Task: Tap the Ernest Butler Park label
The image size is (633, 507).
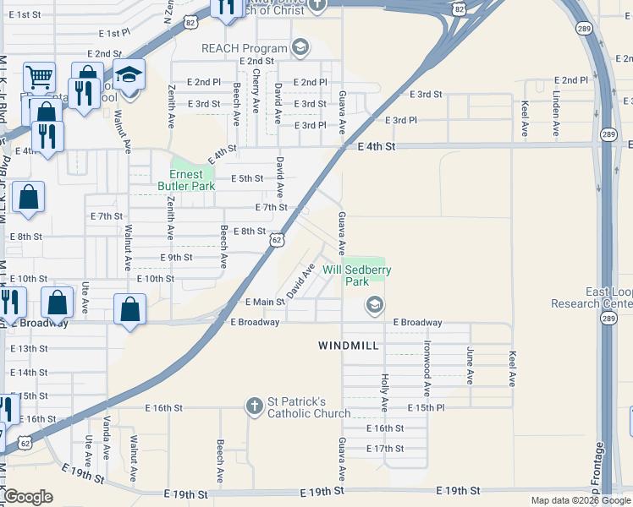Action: (x=180, y=180)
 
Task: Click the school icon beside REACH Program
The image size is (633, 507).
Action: (x=300, y=47)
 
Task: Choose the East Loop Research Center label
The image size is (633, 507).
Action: (x=592, y=297)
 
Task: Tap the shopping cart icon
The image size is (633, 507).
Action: (x=39, y=78)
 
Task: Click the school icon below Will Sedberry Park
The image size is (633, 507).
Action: (x=374, y=304)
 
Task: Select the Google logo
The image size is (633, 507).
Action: (x=28, y=497)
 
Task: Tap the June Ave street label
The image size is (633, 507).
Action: (x=470, y=365)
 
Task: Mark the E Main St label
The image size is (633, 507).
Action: (x=264, y=302)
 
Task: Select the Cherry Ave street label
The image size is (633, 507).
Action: (x=256, y=91)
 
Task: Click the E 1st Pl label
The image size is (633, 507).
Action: (x=114, y=33)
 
